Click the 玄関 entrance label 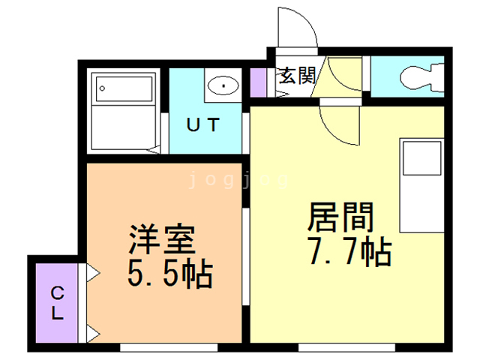tap(295, 75)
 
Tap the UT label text tap(202, 125)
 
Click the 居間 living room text tap(340, 218)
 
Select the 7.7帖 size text tap(349, 252)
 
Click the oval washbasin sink tap(222, 85)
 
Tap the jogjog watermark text tap(236, 180)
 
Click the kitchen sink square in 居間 tap(421, 160)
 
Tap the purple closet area tap(57, 303)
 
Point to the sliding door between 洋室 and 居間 tap(247, 255)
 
